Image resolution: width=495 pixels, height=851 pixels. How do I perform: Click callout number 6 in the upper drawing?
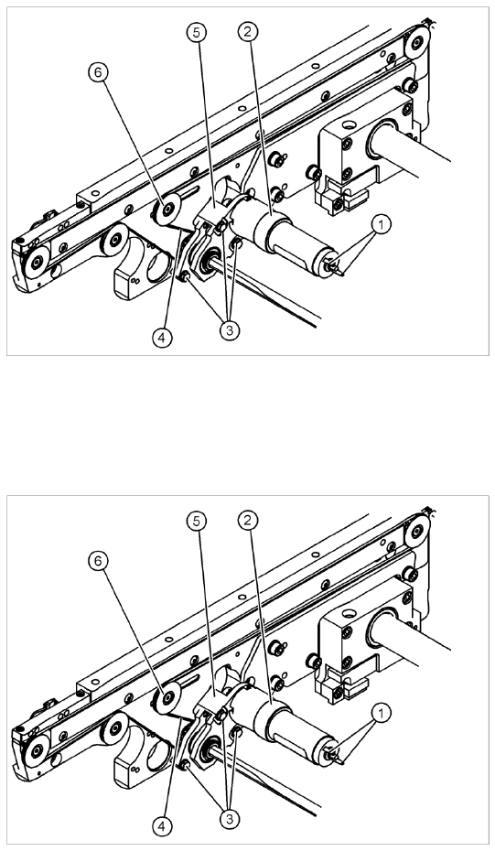(98, 72)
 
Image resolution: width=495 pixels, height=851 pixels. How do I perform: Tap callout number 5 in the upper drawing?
(197, 32)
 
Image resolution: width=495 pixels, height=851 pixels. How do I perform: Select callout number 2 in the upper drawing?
(247, 32)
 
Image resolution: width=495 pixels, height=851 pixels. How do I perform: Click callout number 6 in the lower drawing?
(98, 561)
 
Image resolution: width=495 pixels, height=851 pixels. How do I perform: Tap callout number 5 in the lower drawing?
(197, 521)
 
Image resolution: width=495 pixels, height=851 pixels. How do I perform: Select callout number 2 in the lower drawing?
(247, 521)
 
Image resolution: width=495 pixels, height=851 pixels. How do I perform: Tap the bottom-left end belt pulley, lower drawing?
(37, 750)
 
